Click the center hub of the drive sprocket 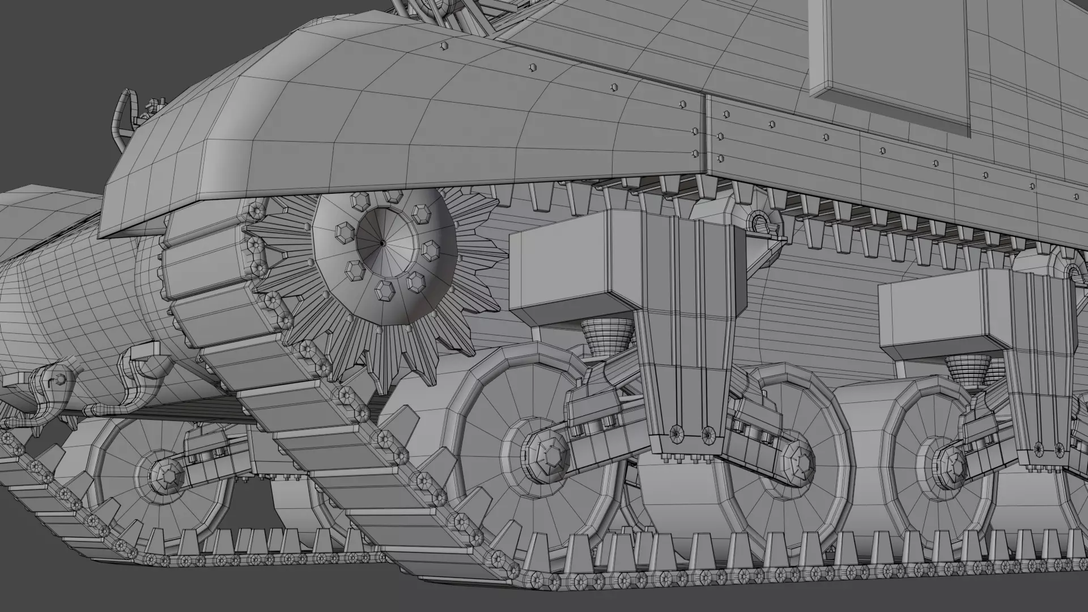pyautogui.click(x=382, y=243)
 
